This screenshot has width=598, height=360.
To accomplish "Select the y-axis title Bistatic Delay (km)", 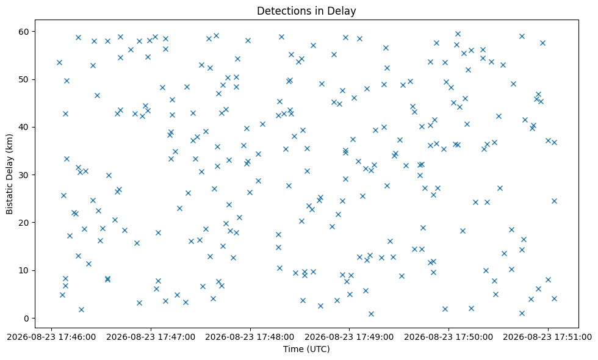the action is click(x=10, y=174).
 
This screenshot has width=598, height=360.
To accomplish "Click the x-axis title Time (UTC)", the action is click(x=306, y=349).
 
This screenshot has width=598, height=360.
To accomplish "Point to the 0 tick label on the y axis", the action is click(x=27, y=319).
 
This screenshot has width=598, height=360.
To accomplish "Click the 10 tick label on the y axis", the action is click(x=24, y=270).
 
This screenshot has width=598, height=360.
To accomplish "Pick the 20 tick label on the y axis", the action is click(x=24, y=223).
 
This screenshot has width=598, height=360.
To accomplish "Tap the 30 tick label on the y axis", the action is click(x=24, y=175).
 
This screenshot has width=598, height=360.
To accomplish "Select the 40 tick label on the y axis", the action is click(x=24, y=127).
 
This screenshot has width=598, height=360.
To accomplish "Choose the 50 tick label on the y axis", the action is click(x=24, y=79).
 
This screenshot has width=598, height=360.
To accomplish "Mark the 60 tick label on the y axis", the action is click(x=24, y=32).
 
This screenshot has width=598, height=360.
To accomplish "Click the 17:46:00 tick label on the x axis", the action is click(x=51, y=337).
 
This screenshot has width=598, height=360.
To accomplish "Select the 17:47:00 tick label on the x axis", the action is click(x=151, y=337).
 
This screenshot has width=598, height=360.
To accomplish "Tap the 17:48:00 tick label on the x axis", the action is click(x=250, y=337).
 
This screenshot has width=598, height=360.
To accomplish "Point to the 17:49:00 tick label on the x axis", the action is click(x=349, y=337).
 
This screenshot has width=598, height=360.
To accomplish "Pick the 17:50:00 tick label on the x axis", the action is click(x=448, y=337).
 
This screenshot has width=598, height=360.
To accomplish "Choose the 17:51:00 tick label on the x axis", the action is click(x=548, y=337).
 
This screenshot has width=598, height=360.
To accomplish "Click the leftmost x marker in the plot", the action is click(x=60, y=62).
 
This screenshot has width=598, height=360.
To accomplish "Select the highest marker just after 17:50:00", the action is click(x=458, y=34).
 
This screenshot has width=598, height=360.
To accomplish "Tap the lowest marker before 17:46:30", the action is click(x=81, y=310).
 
